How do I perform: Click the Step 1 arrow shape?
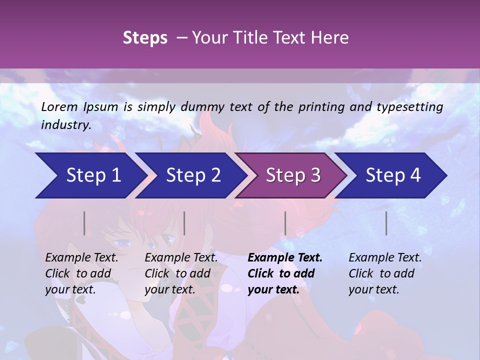pos(90,175)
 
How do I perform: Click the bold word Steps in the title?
pos(145,38)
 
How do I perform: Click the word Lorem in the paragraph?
pos(59,107)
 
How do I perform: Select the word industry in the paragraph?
pos(65,125)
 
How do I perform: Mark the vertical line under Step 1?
pos(84,223)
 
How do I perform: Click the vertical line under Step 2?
pos(184,223)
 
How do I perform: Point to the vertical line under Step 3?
pos(285,223)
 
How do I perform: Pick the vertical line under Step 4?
pos(386,223)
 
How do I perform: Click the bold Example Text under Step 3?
pos(285,258)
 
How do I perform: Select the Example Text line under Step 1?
pos(81,258)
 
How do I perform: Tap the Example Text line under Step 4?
pos(385,258)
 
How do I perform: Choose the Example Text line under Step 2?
pos(181,258)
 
